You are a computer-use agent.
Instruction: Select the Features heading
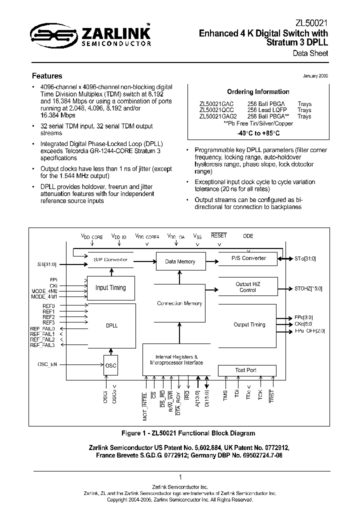(x=47, y=76)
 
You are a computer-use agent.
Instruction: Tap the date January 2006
(x=315, y=75)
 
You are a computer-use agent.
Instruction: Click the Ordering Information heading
(x=258, y=92)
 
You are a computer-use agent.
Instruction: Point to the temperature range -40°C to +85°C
(x=258, y=133)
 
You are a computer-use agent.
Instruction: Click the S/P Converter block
(x=110, y=259)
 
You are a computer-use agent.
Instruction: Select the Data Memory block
(x=180, y=261)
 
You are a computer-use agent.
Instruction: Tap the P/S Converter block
(x=248, y=258)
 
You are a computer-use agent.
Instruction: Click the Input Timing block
(x=110, y=288)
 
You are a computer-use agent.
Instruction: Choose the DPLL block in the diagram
(x=110, y=325)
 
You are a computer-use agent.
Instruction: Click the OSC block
(x=111, y=365)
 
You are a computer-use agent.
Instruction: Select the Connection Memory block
(x=179, y=303)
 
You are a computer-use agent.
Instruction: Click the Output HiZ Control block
(x=247, y=287)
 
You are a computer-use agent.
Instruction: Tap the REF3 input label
(x=48, y=323)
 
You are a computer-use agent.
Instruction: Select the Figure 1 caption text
(x=188, y=433)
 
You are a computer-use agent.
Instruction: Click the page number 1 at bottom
(x=179, y=477)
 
